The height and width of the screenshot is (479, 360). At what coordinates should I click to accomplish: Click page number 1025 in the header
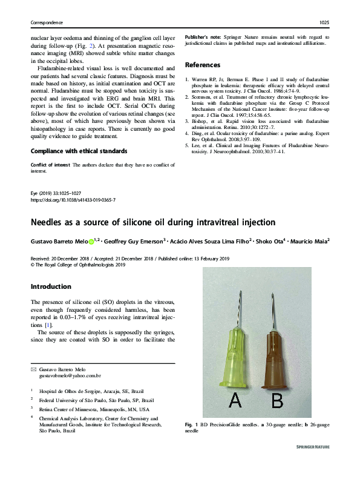click(323, 22)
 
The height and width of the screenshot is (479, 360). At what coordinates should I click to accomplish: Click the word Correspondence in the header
click(48, 22)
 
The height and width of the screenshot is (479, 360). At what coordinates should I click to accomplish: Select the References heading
click(203, 65)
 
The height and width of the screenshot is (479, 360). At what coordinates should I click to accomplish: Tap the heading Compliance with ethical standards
click(79, 150)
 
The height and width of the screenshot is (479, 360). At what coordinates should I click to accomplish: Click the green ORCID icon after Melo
click(91, 240)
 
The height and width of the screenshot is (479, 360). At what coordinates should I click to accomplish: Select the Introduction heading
click(51, 286)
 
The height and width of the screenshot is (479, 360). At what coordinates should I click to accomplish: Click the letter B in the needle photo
click(277, 400)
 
